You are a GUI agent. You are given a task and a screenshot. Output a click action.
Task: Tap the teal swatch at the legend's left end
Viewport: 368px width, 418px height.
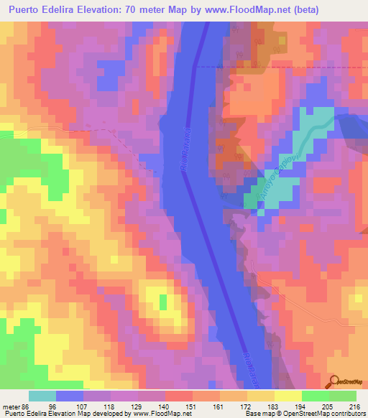(42, 395)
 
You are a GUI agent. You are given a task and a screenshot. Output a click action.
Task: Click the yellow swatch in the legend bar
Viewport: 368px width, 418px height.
(287, 395)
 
